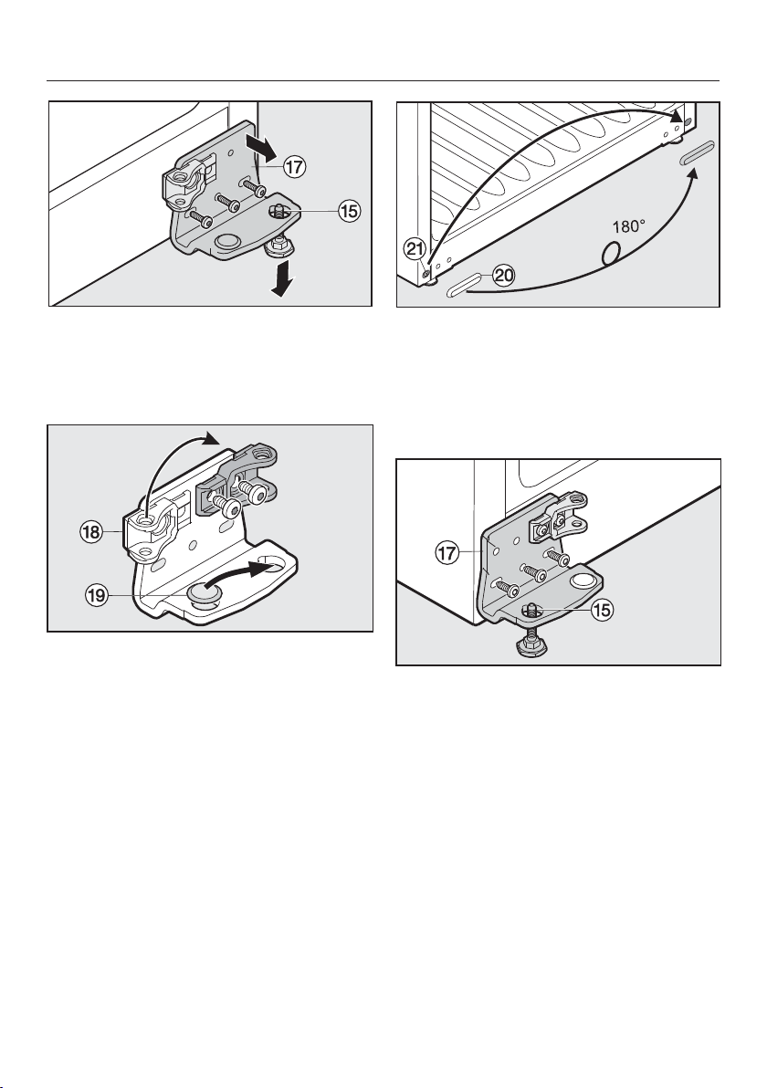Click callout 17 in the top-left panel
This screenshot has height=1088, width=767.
[294, 167]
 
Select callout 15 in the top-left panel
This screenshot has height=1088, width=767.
[349, 210]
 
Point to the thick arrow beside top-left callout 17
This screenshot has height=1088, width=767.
[261, 146]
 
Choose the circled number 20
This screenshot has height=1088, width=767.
[503, 276]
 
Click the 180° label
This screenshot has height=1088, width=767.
[629, 226]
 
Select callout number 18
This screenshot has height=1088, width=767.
[91, 533]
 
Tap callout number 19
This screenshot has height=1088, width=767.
[97, 595]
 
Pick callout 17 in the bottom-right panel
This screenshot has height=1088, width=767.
[447, 554]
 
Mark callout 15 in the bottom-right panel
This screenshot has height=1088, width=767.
[603, 611]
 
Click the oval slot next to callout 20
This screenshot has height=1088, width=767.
[463, 285]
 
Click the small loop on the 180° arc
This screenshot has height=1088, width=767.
[610, 253]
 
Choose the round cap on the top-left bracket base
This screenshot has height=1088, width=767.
[227, 242]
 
